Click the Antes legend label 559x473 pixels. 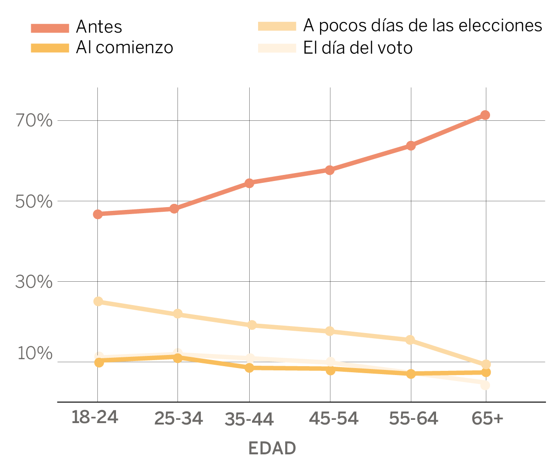(99, 27)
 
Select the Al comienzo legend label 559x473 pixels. (124, 47)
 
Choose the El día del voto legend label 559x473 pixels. (358, 48)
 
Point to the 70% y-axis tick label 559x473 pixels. (34, 121)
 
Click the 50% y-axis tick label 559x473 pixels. (34, 202)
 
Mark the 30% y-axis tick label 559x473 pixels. (34, 282)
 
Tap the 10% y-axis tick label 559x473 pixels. (34, 354)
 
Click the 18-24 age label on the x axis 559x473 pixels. (95, 417)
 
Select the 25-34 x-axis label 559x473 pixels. (178, 418)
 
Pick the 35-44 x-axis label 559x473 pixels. (249, 419)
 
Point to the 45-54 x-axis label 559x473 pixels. (334, 418)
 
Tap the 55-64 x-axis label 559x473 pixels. (414, 418)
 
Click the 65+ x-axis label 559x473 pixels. (487, 418)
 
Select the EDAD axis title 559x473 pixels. (272, 448)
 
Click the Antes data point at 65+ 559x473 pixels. (485, 115)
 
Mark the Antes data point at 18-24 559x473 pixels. (97, 214)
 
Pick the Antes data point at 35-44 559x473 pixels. (249, 183)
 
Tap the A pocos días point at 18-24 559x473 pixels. (98, 301)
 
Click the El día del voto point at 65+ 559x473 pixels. (485, 385)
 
